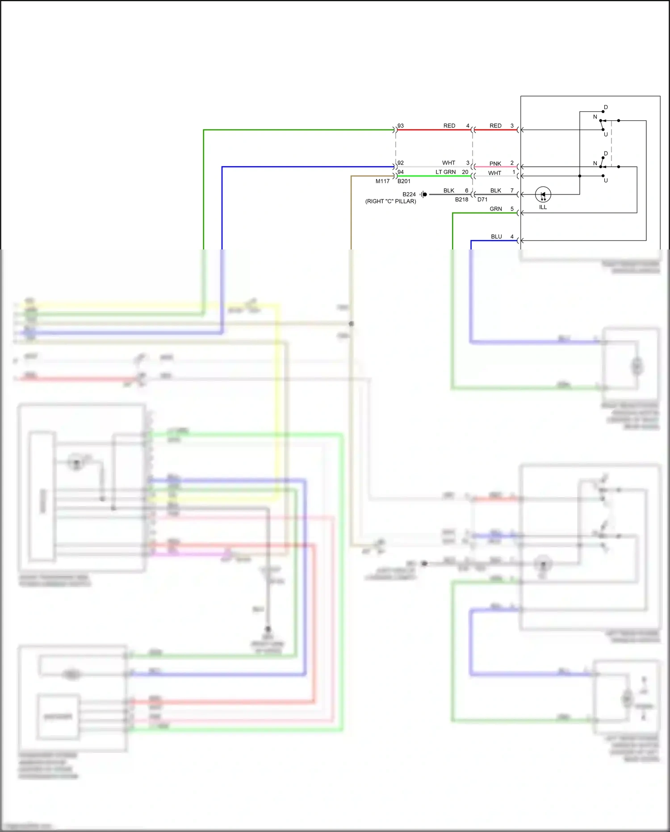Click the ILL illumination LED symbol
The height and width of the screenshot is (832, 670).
[x=543, y=194]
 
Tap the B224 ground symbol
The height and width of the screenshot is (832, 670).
[x=423, y=194]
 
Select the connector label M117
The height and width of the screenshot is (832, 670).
[x=382, y=181]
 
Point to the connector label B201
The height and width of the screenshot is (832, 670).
[x=404, y=181]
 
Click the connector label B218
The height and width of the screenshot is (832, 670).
[x=461, y=199]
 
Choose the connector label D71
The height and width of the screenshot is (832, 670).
[x=482, y=199]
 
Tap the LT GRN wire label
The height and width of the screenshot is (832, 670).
[x=445, y=172]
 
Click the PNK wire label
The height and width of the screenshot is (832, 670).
[x=495, y=164]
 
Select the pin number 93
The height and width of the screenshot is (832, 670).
[x=401, y=126]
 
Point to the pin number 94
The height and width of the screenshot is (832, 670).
[x=401, y=172]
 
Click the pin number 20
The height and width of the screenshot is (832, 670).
[x=465, y=172]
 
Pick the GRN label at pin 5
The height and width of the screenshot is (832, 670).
[x=495, y=209]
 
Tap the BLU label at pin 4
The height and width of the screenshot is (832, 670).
[x=496, y=237]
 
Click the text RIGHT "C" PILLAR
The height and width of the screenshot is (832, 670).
[x=390, y=201]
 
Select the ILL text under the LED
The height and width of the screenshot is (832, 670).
[x=543, y=207]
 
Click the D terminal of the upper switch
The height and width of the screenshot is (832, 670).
[x=605, y=107]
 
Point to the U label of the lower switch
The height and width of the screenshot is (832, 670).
[x=606, y=181]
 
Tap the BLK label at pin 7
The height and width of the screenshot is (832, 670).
[x=495, y=190]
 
